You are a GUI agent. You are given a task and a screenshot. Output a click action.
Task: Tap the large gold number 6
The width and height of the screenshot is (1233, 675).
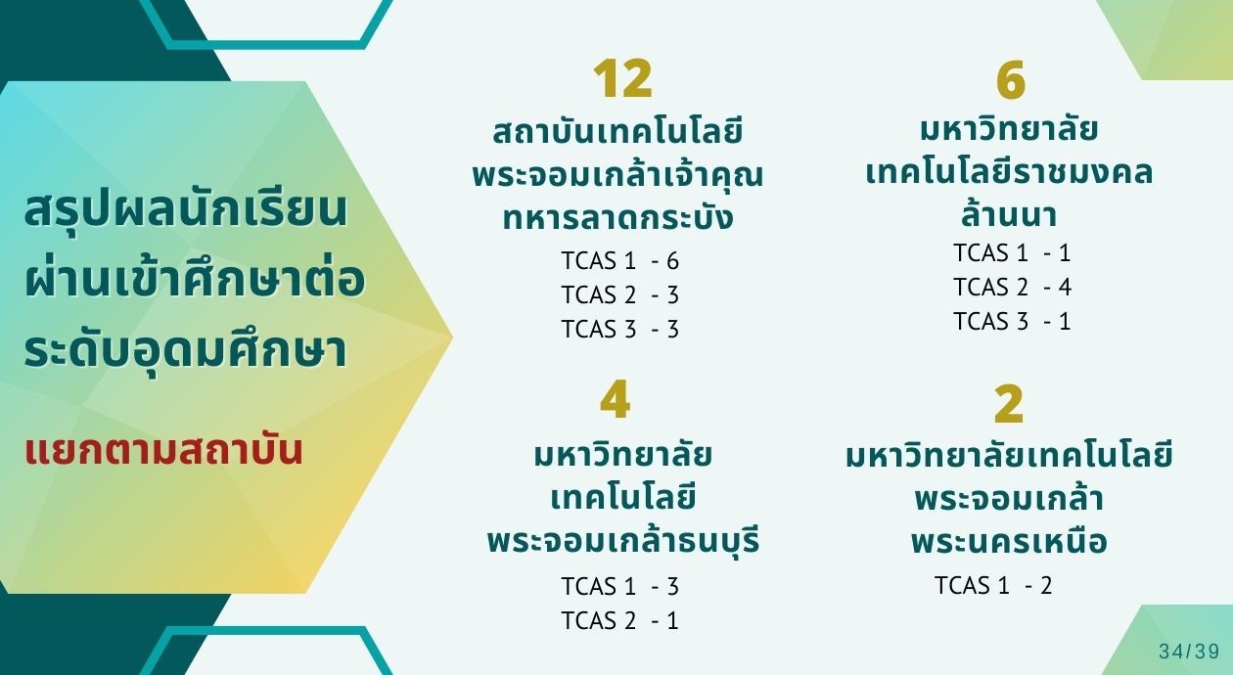click(x=1011, y=80)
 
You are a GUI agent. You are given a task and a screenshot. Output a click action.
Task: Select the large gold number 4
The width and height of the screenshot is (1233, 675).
click(x=615, y=400)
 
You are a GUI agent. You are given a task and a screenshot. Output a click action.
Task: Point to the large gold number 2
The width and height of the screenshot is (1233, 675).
click(x=1009, y=404)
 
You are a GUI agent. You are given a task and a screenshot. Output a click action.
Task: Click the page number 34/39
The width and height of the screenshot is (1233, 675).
click(x=1190, y=652)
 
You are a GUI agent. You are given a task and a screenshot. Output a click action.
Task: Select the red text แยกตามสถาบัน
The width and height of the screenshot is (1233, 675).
click(x=163, y=451)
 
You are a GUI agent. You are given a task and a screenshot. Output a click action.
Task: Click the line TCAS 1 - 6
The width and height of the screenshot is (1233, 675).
click(x=620, y=260)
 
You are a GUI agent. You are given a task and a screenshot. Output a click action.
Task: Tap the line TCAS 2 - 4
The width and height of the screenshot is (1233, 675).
click(x=1012, y=287)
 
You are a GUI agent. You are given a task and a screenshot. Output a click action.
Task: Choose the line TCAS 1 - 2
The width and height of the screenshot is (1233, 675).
click(x=993, y=585)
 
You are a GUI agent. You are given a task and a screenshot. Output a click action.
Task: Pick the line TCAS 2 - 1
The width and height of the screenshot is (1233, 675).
click(x=620, y=620)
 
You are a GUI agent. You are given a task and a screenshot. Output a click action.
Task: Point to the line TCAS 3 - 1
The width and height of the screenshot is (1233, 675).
click(x=1012, y=321)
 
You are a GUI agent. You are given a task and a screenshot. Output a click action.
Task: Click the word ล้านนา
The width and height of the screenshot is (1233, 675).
click(x=1009, y=213)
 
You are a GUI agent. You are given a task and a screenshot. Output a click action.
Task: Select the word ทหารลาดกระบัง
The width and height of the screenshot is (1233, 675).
click(x=617, y=216)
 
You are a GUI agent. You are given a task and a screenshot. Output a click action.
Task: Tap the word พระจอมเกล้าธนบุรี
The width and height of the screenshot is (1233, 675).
click(x=623, y=540)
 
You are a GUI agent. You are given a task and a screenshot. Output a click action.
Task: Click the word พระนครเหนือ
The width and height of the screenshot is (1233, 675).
click(x=1009, y=541)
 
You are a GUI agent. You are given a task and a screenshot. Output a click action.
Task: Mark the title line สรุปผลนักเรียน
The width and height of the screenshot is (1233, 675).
click(x=186, y=210)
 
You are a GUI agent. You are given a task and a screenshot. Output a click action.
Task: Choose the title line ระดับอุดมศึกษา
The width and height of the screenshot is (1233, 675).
click(x=186, y=352)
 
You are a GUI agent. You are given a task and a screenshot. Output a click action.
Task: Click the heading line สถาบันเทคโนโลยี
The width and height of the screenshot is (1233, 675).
click(x=617, y=132)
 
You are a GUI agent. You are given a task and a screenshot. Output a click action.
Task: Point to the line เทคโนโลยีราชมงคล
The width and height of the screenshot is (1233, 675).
click(x=1009, y=171)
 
